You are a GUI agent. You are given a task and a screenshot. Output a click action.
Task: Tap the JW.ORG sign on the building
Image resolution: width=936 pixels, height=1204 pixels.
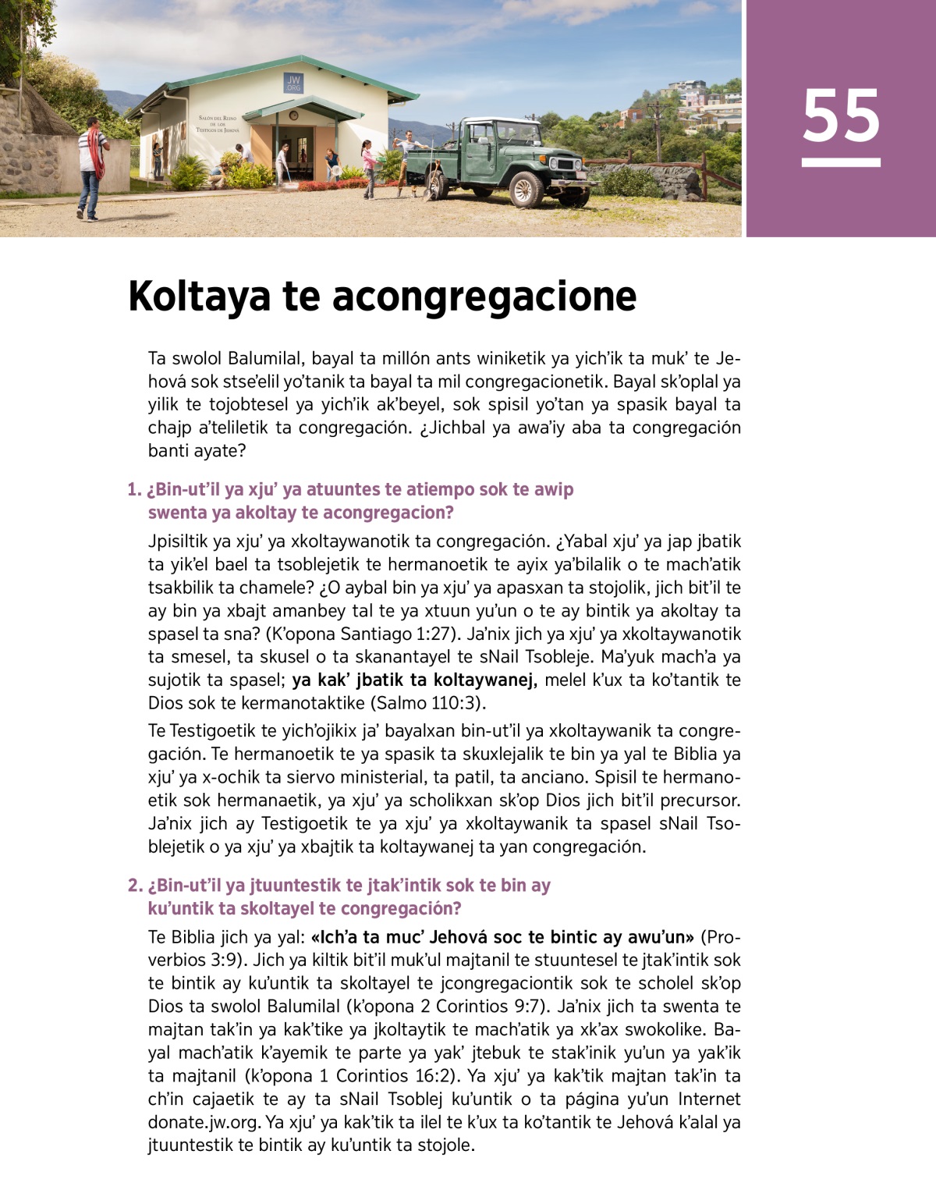point(293,83)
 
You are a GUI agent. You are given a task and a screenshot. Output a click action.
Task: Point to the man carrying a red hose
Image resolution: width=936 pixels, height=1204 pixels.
point(91,166)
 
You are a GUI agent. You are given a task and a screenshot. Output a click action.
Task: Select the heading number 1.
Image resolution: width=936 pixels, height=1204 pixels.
point(133,490)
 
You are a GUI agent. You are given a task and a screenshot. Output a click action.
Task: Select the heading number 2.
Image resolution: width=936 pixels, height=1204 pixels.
point(134,886)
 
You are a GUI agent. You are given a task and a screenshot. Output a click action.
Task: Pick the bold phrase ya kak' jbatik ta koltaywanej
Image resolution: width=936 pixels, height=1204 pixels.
point(414,680)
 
